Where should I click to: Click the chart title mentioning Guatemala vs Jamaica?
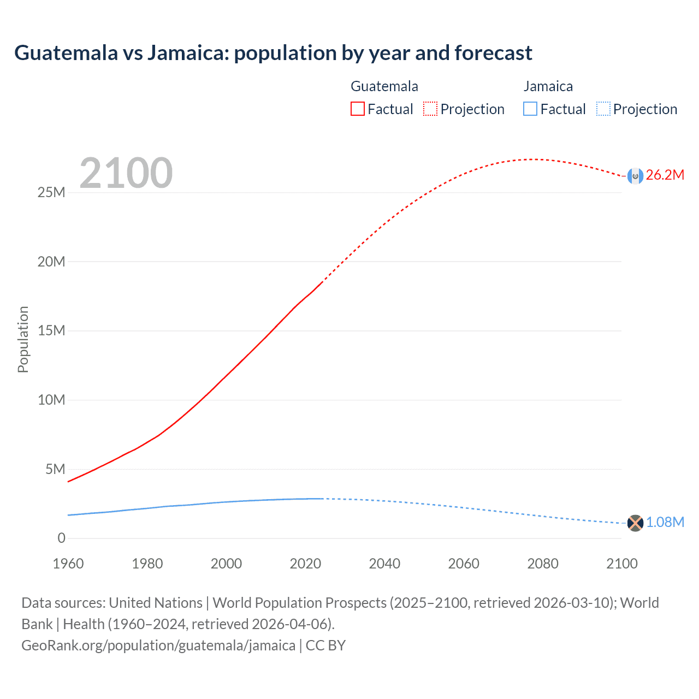pyautogui.click(x=273, y=53)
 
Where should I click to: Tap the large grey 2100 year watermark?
pyautogui.click(x=126, y=173)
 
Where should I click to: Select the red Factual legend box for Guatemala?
pyautogui.click(x=357, y=109)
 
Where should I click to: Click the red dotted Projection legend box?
pyautogui.click(x=430, y=109)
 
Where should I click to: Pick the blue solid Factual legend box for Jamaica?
pyautogui.click(x=530, y=109)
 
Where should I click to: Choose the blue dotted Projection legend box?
pyautogui.click(x=603, y=109)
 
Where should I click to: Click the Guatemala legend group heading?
pyautogui.click(x=384, y=86)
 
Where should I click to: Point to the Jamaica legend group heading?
pyautogui.click(x=548, y=86)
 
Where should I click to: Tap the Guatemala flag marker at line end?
pyautogui.click(x=635, y=176)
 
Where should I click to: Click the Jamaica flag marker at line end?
pyautogui.click(x=635, y=523)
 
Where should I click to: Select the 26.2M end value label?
pyautogui.click(x=665, y=175)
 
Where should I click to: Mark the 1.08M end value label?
pyautogui.click(x=665, y=523)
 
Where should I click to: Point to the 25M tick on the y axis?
pyautogui.click(x=51, y=193)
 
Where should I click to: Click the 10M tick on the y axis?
pyautogui.click(x=51, y=400)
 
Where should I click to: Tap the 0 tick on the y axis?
pyautogui.click(x=61, y=538)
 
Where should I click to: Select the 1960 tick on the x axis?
pyautogui.click(x=68, y=564)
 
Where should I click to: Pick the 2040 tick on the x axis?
pyautogui.click(x=384, y=564)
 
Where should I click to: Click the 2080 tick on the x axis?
pyautogui.click(x=542, y=564)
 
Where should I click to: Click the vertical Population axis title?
pyautogui.click(x=23, y=339)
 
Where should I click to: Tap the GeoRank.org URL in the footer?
pyautogui.click(x=158, y=645)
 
